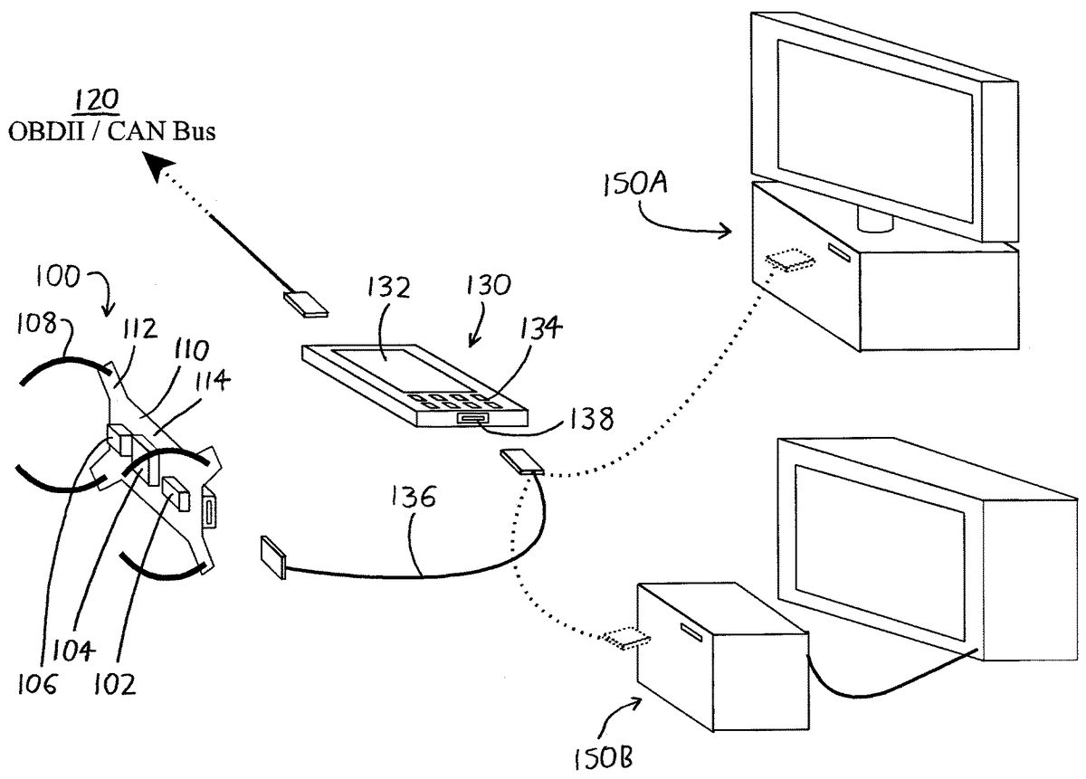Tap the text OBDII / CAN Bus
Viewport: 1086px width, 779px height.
click(x=112, y=131)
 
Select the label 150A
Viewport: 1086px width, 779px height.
click(x=635, y=185)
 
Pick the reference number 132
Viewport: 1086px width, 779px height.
click(x=388, y=287)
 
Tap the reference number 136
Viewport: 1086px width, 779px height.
click(x=413, y=496)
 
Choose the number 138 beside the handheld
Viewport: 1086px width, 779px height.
click(x=591, y=418)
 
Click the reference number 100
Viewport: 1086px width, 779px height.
click(x=58, y=277)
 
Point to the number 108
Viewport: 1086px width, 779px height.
click(x=36, y=323)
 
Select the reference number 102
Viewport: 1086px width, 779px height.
click(x=114, y=686)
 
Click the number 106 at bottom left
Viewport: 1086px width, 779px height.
click(x=37, y=685)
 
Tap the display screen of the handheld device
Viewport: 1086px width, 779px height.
click(x=403, y=369)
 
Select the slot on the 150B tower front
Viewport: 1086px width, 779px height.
click(x=691, y=632)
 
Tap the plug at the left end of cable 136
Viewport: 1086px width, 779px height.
click(x=273, y=557)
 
